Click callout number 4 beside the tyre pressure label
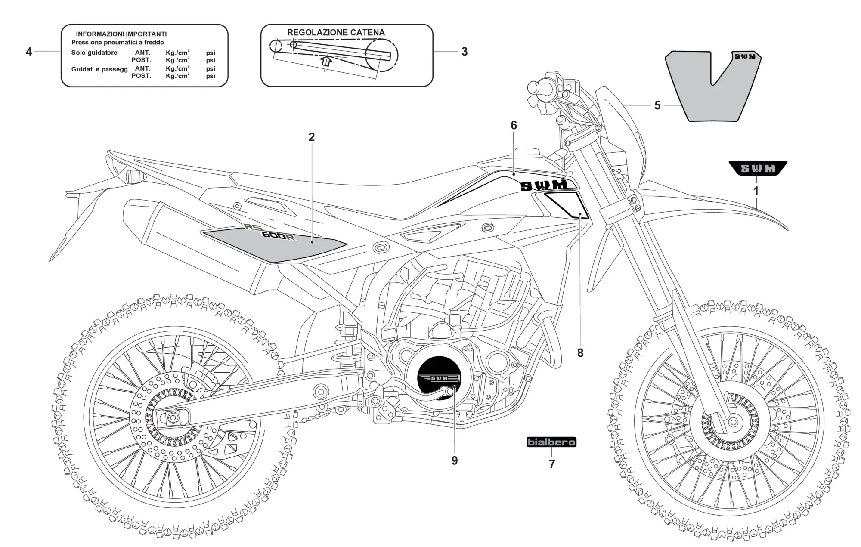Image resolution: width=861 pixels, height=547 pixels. (x=29, y=52)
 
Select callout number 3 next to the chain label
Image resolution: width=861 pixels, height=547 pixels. (x=464, y=52)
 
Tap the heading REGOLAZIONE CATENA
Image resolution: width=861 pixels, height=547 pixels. (x=336, y=33)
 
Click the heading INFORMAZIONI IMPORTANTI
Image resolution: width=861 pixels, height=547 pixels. (x=121, y=34)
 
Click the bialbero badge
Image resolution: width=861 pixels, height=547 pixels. (x=551, y=442)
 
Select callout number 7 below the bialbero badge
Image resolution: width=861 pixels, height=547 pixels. (x=552, y=464)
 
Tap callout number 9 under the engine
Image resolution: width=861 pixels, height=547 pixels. (x=455, y=460)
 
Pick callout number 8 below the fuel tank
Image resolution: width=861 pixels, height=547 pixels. (x=580, y=353)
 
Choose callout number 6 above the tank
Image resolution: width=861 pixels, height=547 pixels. (x=514, y=125)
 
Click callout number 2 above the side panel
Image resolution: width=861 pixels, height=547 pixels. (x=311, y=137)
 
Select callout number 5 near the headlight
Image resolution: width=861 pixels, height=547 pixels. (x=657, y=105)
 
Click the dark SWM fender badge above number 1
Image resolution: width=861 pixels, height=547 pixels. (x=758, y=168)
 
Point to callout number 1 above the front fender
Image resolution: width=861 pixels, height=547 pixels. (x=756, y=190)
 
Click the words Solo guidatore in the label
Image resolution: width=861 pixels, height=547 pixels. (x=94, y=53)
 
